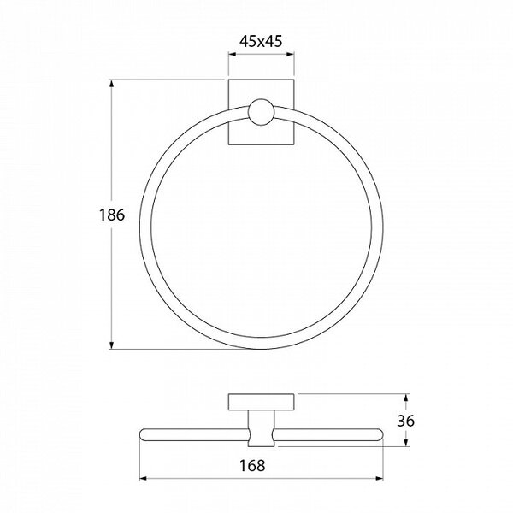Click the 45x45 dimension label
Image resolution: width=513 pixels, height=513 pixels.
tap(261, 42)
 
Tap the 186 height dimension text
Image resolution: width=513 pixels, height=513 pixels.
tap(112, 215)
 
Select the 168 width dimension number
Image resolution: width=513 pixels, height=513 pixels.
tap(252, 466)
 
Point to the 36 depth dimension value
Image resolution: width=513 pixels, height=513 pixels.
tap(405, 421)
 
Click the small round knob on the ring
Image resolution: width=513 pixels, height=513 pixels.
tap(261, 112)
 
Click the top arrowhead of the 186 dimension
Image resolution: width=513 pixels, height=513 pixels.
tap(112, 84)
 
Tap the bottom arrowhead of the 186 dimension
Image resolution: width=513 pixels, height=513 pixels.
tap(112, 345)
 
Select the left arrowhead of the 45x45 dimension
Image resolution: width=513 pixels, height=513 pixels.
tap(233, 55)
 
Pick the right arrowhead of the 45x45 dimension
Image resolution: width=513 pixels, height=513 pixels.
tap(290, 55)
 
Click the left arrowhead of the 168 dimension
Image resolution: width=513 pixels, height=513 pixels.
tap(144, 479)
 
